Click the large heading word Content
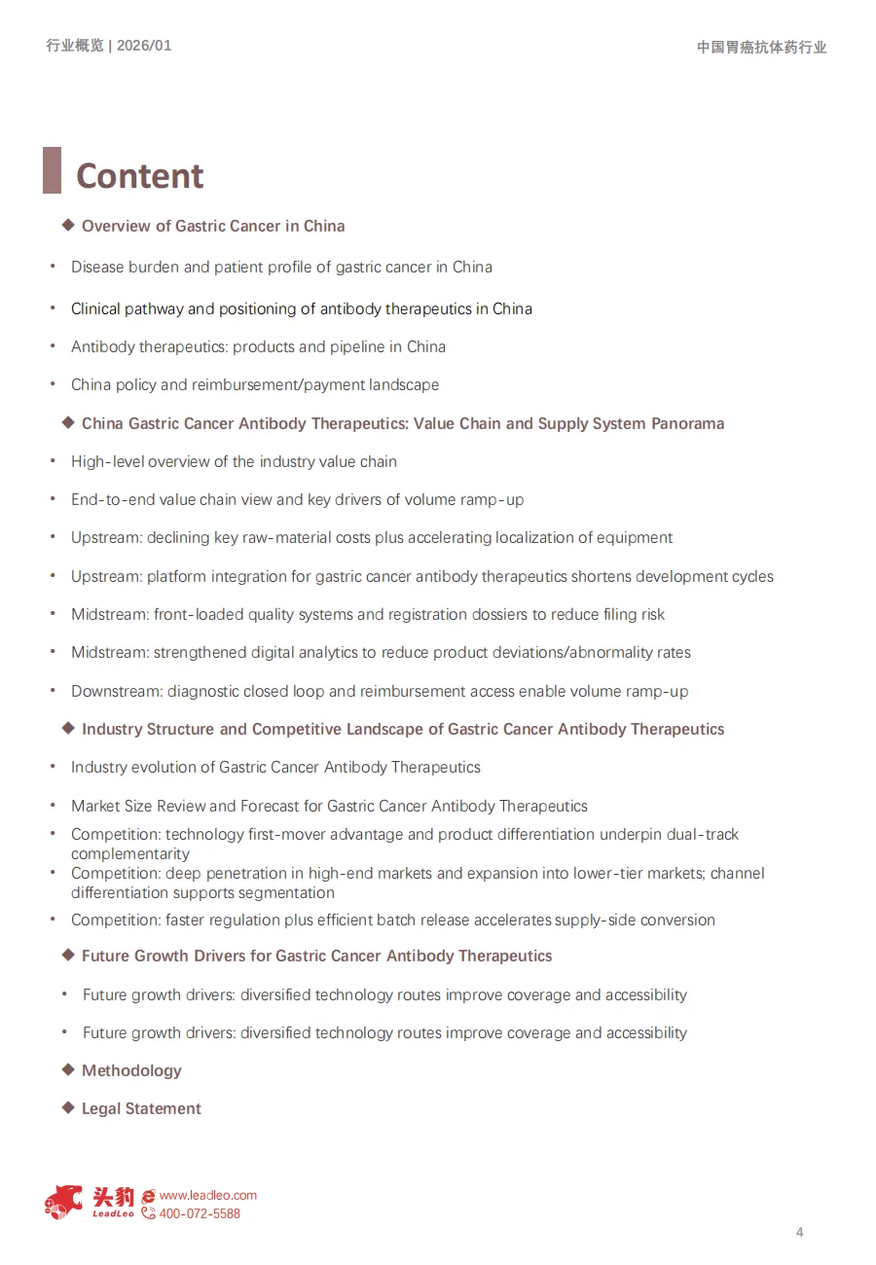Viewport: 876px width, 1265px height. point(140,176)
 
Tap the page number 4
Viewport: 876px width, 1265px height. point(800,1233)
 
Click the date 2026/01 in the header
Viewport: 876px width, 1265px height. point(144,46)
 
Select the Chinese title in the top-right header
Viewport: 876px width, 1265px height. point(761,47)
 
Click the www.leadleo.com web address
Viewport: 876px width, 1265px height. point(207,1195)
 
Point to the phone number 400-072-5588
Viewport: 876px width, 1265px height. point(199,1213)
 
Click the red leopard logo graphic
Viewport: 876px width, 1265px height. point(64,1202)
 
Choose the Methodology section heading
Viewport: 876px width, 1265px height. point(131,1070)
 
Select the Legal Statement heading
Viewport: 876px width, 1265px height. point(141,1108)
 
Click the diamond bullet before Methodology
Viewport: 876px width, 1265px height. point(68,1069)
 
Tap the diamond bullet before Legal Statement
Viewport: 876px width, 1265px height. point(68,1107)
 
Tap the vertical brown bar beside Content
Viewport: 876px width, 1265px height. point(52,170)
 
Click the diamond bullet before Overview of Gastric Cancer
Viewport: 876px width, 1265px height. point(68,225)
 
